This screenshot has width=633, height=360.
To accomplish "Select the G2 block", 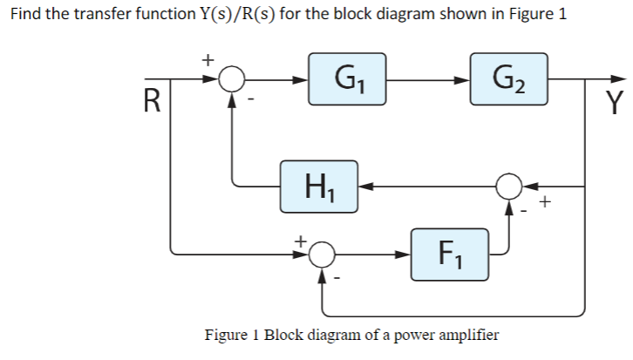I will (508, 80).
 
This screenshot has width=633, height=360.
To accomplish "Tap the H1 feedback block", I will (318, 186).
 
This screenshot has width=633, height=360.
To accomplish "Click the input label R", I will (152, 103).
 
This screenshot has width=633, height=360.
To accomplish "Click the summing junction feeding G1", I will (231, 80).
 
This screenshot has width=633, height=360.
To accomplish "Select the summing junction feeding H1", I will (509, 186).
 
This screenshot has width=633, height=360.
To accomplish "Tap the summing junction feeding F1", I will (324, 254).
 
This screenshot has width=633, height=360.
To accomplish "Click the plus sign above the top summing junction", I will (207, 59).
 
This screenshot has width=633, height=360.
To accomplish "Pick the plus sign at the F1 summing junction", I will (300, 237).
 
